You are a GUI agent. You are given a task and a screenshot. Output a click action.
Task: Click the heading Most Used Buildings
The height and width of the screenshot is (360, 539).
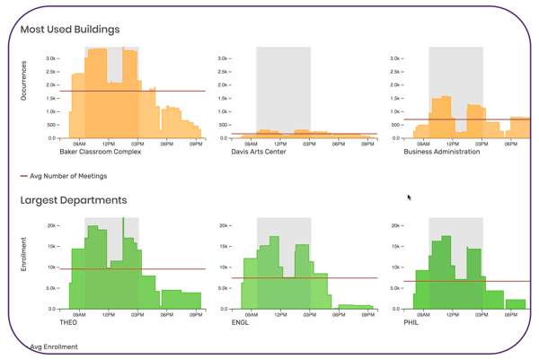(x=70, y=30)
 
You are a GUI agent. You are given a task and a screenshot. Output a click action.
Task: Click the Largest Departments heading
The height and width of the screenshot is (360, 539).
(x=73, y=200)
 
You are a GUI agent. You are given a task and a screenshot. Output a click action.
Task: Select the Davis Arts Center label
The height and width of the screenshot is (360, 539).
(x=259, y=152)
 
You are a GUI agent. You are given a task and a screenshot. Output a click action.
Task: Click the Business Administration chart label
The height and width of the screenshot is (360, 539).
(x=442, y=152)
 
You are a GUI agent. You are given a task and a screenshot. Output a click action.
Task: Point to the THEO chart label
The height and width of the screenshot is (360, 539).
(x=68, y=321)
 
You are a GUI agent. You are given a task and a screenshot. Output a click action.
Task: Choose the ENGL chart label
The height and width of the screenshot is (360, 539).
(x=241, y=321)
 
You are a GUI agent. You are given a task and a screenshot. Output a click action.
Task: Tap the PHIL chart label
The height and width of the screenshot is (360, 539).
(x=412, y=321)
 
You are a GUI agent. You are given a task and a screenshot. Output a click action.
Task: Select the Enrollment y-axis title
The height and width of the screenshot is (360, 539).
(x=24, y=254)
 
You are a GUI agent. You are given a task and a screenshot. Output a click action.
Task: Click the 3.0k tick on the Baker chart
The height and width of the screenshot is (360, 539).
(x=53, y=57)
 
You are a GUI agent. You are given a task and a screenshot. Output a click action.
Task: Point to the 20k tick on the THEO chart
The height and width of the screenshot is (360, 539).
(x=53, y=225)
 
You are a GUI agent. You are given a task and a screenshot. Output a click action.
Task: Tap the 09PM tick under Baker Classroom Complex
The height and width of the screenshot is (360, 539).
(x=196, y=144)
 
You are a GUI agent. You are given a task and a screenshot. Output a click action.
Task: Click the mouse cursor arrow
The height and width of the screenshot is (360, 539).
(x=410, y=198)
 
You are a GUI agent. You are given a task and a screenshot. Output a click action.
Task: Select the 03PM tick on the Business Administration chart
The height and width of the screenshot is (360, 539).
(x=482, y=144)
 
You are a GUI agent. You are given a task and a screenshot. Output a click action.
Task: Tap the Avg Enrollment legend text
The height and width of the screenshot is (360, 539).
(x=54, y=347)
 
